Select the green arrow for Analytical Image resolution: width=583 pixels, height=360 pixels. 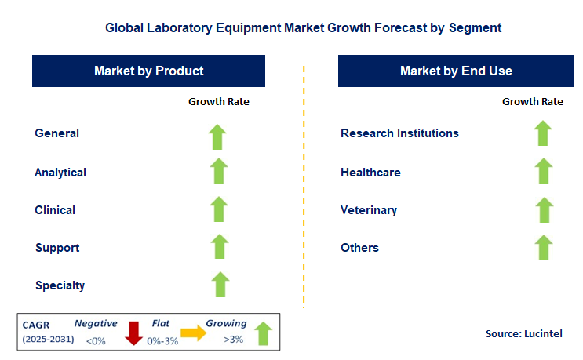coord(218,172)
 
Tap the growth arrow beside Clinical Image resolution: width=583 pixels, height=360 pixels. coord(218,209)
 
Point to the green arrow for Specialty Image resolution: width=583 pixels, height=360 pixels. coord(220,285)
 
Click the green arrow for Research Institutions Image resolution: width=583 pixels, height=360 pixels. coord(543,133)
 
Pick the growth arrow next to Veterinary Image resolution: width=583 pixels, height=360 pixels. coord(543,210)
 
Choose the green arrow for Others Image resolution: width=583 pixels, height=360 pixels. coord(543,247)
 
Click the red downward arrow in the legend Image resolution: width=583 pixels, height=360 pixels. coord(133,332)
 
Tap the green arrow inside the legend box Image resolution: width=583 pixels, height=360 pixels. coord(264,333)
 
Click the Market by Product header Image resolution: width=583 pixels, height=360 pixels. coord(148,71)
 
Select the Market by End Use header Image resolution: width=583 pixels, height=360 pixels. coord(455,71)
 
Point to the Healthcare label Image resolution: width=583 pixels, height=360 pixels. coord(370,172)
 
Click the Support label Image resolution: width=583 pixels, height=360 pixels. coord(57,248)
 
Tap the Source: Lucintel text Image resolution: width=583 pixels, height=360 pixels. coord(523,334)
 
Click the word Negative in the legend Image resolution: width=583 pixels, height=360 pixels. coord(96,323)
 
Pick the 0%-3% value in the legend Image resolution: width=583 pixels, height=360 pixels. coord(162,340)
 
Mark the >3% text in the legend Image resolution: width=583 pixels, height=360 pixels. coord(234,340)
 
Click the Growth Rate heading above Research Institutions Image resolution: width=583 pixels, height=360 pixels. coord(532,101)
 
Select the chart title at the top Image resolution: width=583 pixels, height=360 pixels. coord(303,27)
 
